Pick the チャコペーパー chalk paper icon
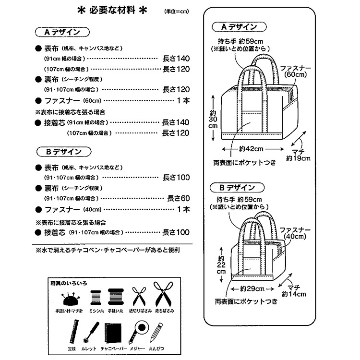[x=113, y=331]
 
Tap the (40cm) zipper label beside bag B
[x=295, y=236]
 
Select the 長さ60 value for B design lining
[x=179, y=198]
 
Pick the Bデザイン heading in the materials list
[x=62, y=152]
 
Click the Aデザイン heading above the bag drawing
[x=239, y=27]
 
